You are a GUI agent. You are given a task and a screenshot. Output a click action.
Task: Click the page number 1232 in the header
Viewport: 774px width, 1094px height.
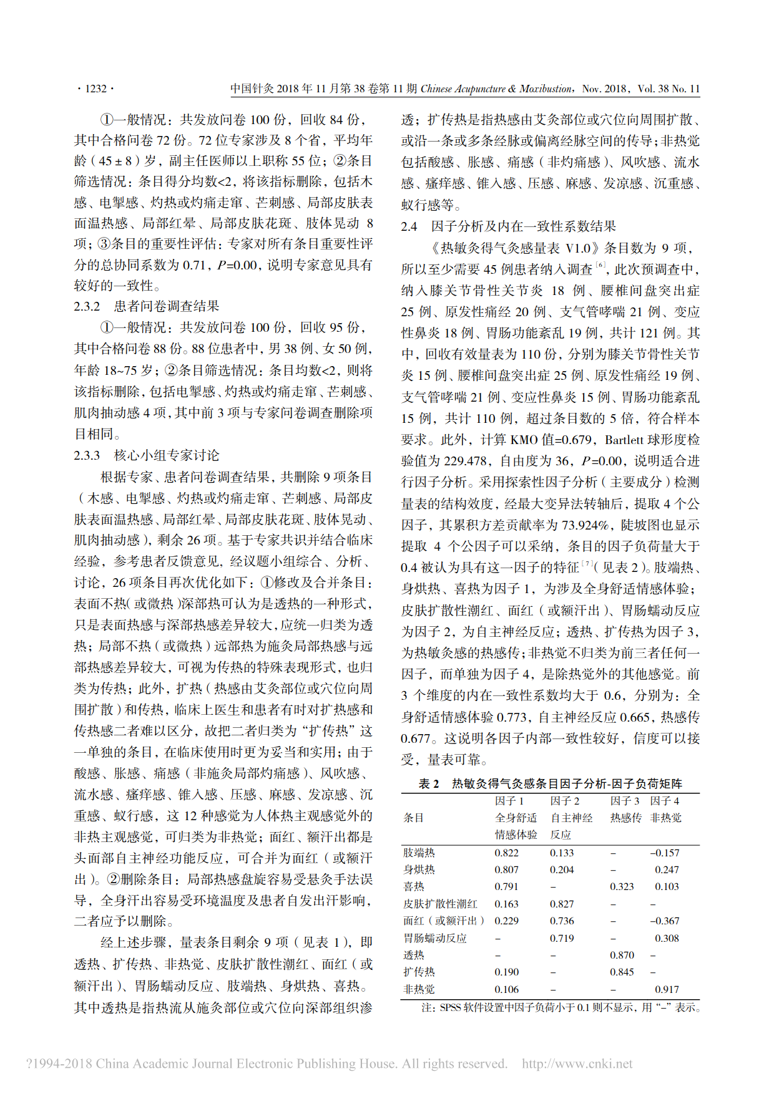pyautogui.click(x=96, y=89)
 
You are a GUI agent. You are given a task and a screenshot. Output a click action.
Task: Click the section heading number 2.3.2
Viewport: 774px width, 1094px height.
pyautogui.click(x=87, y=306)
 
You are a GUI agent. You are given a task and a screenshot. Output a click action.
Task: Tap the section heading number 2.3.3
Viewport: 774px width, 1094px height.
pyautogui.click(x=87, y=455)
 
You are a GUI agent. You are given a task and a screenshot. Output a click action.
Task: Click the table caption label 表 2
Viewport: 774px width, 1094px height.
pyautogui.click(x=429, y=784)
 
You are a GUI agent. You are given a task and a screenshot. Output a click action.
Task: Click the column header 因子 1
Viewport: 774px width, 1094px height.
pyautogui.click(x=509, y=801)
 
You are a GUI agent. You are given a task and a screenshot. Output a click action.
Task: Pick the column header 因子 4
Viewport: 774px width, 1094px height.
pyautogui.click(x=664, y=801)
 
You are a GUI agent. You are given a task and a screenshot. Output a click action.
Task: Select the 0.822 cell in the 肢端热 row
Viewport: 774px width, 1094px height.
pyautogui.click(x=506, y=853)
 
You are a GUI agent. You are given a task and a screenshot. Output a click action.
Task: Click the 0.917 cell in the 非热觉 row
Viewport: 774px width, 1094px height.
pyautogui.click(x=667, y=989)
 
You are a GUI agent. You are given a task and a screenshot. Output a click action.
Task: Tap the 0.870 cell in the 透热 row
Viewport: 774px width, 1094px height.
pyautogui.click(x=622, y=955)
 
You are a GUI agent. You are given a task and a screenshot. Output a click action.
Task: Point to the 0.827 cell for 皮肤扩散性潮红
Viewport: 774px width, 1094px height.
pyautogui.click(x=562, y=904)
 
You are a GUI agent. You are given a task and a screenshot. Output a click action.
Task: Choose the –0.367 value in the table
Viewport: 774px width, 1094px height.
pyautogui.click(x=665, y=921)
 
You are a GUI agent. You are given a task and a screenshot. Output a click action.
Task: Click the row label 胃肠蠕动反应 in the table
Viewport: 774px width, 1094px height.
pyautogui.click(x=434, y=938)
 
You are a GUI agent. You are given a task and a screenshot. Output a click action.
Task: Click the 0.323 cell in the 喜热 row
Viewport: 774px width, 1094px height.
pyautogui.click(x=622, y=886)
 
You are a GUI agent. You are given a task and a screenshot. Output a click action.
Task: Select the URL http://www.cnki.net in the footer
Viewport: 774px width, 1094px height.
pyautogui.click(x=577, y=1063)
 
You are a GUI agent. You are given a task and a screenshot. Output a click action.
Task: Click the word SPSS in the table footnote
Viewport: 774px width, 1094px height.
pyautogui.click(x=449, y=1007)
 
